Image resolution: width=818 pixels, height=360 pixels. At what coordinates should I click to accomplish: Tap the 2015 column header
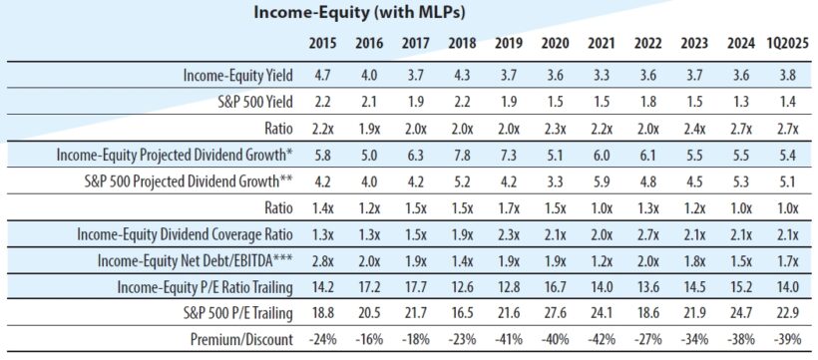coord(322,43)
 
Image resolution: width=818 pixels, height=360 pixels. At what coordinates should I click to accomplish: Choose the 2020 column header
coord(555,43)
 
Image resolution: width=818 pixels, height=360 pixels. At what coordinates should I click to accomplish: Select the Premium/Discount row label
coord(244,339)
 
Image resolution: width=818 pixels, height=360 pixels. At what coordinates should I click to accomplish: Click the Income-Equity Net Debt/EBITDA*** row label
coord(197,260)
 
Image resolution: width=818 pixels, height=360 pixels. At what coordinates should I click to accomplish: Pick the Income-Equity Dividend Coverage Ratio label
coord(186,234)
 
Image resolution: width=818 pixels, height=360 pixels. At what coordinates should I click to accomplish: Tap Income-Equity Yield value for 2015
coord(322,76)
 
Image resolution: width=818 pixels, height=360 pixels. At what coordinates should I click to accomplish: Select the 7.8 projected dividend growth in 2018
coord(463,156)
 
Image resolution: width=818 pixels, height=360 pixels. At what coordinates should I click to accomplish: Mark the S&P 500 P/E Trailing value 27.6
coord(555,313)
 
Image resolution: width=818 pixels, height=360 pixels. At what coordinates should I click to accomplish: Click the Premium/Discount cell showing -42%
coord(601,339)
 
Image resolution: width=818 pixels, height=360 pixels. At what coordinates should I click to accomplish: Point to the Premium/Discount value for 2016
coord(369,339)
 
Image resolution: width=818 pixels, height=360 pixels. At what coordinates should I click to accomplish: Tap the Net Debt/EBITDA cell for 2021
coord(601,260)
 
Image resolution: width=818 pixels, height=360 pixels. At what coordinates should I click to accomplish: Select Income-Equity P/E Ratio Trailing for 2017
coord(415,287)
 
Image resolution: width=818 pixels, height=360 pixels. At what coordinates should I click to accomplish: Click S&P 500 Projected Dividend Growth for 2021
coord(601,181)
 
